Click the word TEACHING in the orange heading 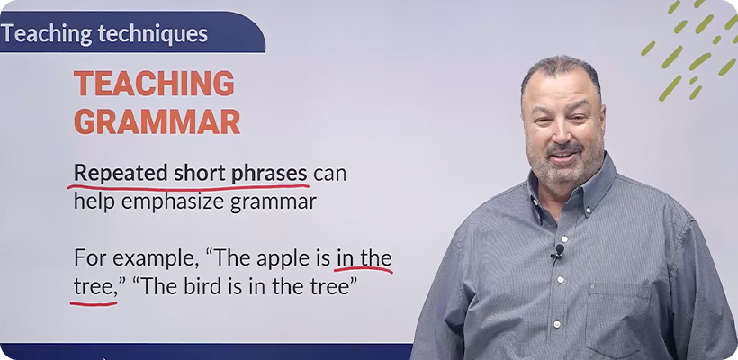point(155,84)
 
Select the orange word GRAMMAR point(157,121)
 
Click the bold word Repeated point(121,174)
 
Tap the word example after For point(156,259)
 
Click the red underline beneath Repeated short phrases point(188,188)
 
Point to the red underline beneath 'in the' point(364,270)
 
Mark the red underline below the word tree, point(94,303)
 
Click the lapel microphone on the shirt point(559,250)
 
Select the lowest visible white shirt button point(557,324)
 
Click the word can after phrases point(330,174)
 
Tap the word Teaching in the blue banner point(47,34)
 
